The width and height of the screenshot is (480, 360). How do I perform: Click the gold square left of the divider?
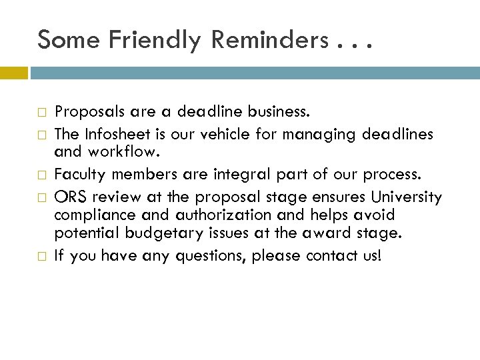(x=13, y=72)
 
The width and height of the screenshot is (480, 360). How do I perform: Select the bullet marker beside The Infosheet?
(x=42, y=135)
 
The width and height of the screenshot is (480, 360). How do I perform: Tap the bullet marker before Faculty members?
(x=42, y=174)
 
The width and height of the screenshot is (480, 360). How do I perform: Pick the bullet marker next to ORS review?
(x=42, y=198)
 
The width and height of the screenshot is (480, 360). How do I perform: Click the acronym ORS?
(x=68, y=198)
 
